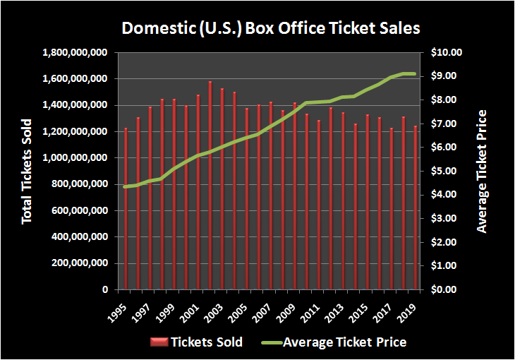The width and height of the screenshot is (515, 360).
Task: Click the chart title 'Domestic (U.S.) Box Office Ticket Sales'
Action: click(271, 29)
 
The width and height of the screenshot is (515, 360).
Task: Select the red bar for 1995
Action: click(126, 209)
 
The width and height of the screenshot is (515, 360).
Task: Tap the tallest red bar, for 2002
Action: click(210, 186)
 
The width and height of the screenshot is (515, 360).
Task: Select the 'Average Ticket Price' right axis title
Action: click(482, 172)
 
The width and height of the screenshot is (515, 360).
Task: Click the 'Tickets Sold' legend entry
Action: click(197, 342)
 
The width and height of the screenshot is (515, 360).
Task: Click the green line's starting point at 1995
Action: click(126, 186)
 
